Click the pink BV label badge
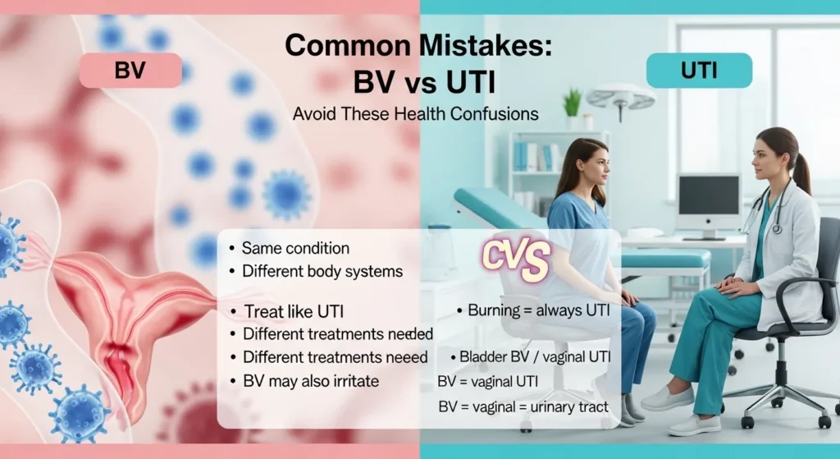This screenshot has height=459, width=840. point(130,71)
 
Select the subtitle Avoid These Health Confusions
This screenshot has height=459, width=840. point(416,114)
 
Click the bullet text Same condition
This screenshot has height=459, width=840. point(295,247)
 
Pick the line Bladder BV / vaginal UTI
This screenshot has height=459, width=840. point(536,358)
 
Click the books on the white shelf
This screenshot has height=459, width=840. point(526,155)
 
